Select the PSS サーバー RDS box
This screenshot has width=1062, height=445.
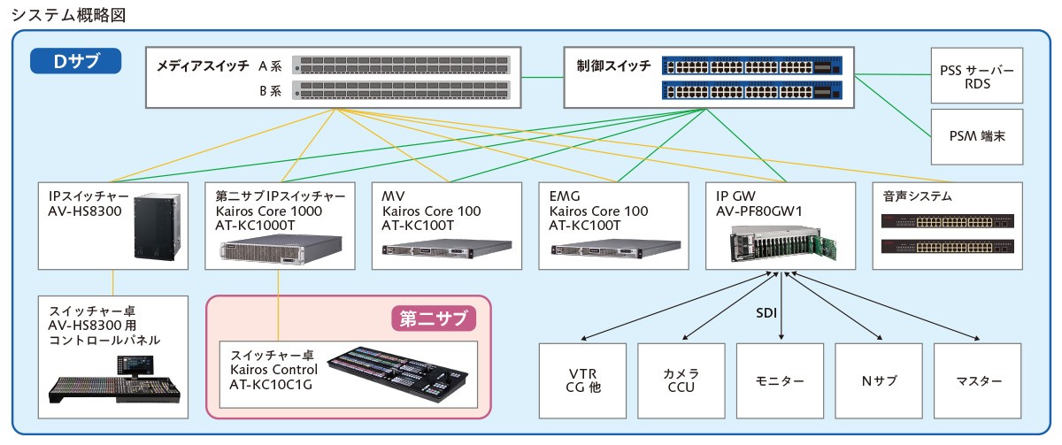(x=978, y=76)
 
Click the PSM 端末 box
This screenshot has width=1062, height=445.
(x=978, y=136)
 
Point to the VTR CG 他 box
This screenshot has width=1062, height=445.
(x=583, y=381)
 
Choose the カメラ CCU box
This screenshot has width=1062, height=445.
(x=682, y=381)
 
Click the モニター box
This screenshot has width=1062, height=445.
(x=781, y=381)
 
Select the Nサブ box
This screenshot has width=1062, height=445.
(x=880, y=381)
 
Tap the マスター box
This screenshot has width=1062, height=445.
(x=979, y=381)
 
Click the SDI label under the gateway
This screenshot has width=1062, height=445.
(x=766, y=312)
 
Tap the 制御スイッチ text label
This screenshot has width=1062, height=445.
(x=613, y=65)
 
